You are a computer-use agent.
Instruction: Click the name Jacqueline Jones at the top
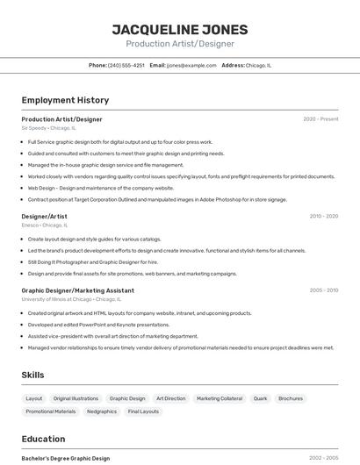(x=180, y=29)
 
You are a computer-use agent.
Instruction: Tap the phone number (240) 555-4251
(x=126, y=65)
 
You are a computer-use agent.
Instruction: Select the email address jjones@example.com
(x=191, y=65)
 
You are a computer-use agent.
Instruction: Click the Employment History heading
(x=65, y=100)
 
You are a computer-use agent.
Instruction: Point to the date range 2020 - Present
(x=320, y=118)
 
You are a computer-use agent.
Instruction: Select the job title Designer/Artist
(x=44, y=216)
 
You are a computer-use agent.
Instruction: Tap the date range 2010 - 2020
(x=324, y=216)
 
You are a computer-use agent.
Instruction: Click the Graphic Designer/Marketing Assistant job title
(x=77, y=290)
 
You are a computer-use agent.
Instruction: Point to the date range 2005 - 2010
(x=324, y=290)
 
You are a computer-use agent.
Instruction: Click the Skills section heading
(x=32, y=375)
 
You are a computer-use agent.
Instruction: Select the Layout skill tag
(x=34, y=398)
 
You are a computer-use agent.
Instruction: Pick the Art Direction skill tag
(x=170, y=398)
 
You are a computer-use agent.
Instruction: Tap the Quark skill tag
(x=260, y=398)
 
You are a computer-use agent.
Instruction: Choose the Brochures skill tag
(x=290, y=398)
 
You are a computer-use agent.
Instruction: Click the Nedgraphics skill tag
(x=102, y=411)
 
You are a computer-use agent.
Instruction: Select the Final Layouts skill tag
(x=143, y=411)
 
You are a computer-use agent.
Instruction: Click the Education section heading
(x=43, y=439)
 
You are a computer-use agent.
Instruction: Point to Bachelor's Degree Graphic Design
(x=65, y=458)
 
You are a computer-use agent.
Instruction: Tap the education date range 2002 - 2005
(x=324, y=458)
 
